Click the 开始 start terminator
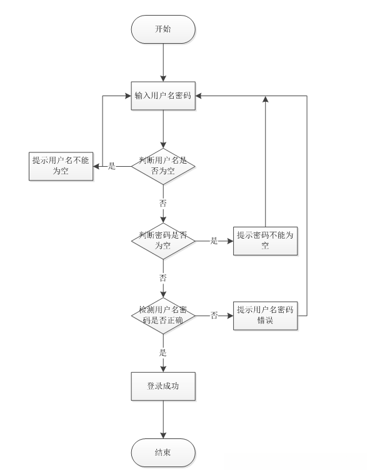(163, 29)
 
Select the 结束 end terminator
(163, 453)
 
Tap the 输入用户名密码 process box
(163, 96)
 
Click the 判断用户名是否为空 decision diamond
(163, 166)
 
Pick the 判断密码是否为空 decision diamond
(163, 241)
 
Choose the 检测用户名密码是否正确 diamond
(163, 315)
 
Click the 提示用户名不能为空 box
(61, 166)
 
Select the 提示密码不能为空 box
(266, 241)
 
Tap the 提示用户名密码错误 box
(266, 315)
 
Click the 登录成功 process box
(163, 387)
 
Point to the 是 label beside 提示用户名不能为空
(112, 166)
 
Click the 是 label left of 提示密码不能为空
(214, 241)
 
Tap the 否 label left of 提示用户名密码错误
(214, 315)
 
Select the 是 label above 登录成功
(163, 352)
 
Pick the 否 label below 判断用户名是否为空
(163, 203)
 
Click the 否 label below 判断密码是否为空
(163, 278)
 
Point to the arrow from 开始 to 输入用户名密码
(163, 62)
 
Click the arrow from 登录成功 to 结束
(163, 420)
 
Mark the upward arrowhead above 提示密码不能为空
(266, 99)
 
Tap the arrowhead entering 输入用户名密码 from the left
(128, 96)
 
